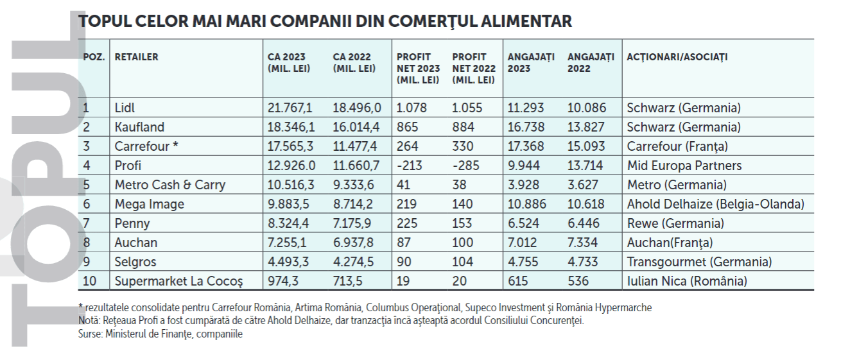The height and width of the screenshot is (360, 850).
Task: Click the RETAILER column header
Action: (136, 57)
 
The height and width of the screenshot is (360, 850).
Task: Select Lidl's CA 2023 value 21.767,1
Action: (290, 108)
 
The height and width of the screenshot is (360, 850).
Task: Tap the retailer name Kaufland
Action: (139, 127)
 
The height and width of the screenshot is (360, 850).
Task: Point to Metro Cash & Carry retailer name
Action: (170, 185)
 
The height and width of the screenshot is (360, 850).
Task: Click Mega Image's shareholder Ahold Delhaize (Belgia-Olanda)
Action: (715, 204)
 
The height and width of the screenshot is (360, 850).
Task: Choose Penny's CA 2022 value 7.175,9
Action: (357, 223)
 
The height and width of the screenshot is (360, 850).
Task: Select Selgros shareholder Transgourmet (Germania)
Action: (699, 262)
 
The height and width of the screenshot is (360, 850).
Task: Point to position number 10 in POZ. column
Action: (90, 281)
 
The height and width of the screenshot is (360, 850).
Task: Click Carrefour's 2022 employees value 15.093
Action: (585, 146)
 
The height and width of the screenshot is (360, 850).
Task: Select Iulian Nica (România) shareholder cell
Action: (687, 281)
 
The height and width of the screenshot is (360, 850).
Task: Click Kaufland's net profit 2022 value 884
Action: (464, 127)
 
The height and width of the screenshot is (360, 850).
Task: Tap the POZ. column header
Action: (94, 57)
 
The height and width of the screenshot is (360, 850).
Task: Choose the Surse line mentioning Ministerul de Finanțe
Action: (160, 334)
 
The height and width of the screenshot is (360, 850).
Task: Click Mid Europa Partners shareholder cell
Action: (684, 166)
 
